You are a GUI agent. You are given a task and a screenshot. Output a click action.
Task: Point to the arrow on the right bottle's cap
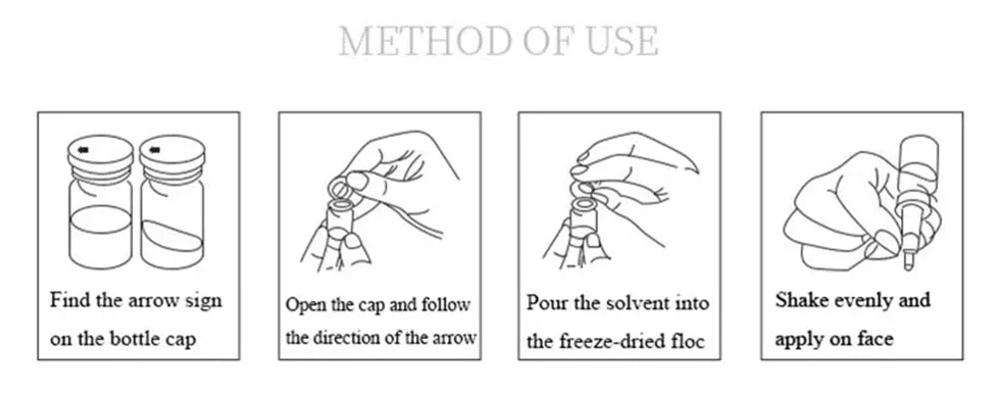pyautogui.click(x=155, y=151)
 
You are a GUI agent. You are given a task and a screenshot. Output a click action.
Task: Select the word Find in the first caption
pyautogui.click(x=70, y=299)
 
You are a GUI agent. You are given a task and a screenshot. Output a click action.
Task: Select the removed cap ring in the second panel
pyautogui.click(x=341, y=188)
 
